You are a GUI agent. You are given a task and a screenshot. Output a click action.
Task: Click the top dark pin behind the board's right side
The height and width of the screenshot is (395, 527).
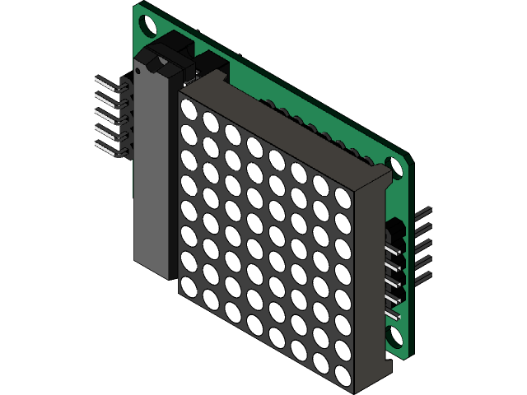424,212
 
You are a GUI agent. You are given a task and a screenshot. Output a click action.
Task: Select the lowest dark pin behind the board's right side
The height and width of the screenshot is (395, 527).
424,281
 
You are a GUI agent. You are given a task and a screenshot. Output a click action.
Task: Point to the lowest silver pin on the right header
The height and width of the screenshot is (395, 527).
393,314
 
